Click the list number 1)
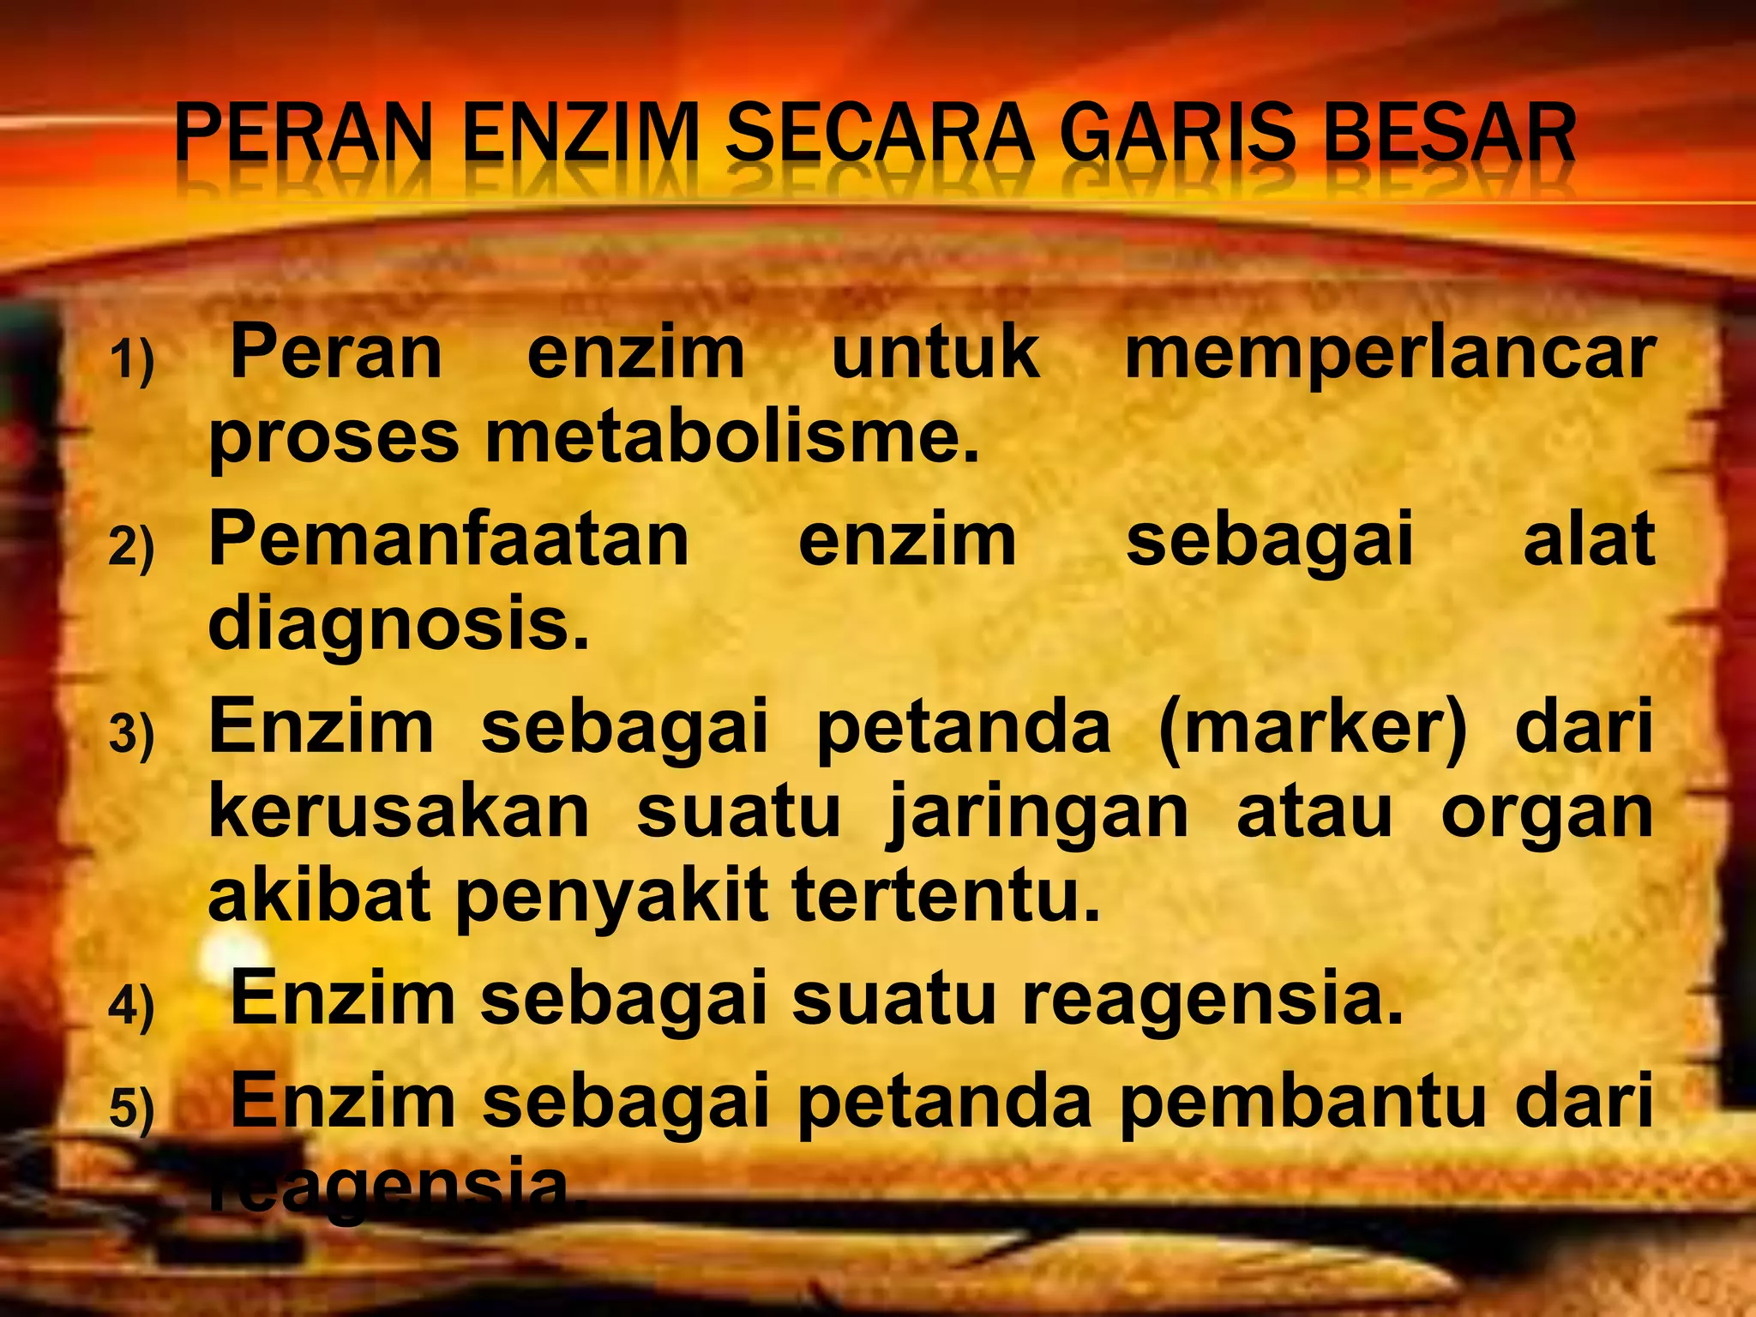coord(131,359)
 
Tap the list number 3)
coord(131,735)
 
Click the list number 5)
coord(131,1109)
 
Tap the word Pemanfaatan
coord(448,540)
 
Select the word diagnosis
coord(399,626)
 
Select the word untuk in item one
coord(935,353)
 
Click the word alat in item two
coord(1588,540)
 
